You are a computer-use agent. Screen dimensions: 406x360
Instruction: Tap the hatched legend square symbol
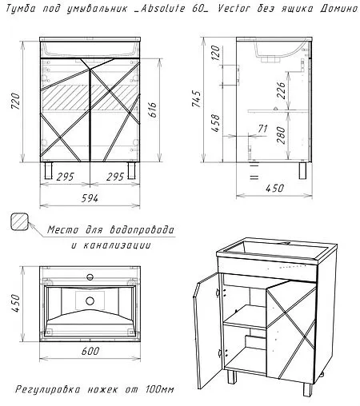point(20,223)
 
